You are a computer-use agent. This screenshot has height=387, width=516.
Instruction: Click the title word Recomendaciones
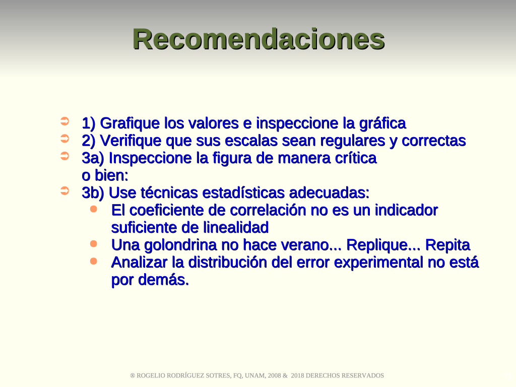click(x=259, y=39)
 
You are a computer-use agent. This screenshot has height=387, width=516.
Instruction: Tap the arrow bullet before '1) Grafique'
click(x=65, y=121)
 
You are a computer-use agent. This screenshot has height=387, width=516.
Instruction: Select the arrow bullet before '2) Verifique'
click(x=65, y=139)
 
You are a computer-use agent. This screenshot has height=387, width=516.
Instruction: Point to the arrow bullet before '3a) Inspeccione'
click(x=65, y=156)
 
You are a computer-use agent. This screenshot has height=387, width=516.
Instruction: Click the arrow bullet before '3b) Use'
click(x=65, y=191)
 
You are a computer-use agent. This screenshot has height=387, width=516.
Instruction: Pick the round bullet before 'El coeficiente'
click(x=94, y=209)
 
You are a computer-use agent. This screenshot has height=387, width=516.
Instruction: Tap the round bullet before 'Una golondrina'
click(x=94, y=244)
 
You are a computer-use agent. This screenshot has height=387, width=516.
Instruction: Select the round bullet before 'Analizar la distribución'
click(x=94, y=262)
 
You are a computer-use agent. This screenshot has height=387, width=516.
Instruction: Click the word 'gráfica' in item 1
click(x=382, y=124)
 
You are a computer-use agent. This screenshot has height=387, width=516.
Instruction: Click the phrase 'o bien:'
click(x=105, y=175)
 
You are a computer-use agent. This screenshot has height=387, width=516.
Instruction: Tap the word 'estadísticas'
click(x=243, y=193)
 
